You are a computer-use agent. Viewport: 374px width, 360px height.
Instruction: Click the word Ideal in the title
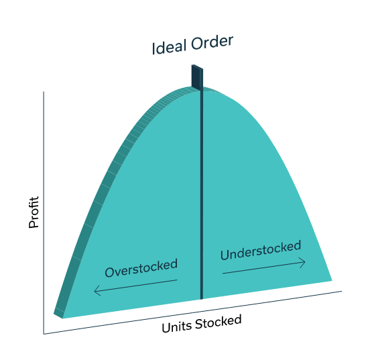point(169,47)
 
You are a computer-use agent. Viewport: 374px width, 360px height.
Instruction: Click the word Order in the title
point(212,42)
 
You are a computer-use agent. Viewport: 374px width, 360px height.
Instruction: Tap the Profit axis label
point(34,213)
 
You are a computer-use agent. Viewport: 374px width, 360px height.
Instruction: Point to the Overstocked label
point(141,267)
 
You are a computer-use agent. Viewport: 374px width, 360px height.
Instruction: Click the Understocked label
point(261,250)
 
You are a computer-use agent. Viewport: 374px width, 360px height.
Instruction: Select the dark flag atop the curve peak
point(197,78)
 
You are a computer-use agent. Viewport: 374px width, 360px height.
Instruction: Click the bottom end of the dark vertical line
point(202,299)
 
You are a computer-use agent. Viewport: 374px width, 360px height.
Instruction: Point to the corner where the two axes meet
point(44,335)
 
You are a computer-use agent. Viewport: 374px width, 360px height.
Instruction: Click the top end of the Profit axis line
point(44,92)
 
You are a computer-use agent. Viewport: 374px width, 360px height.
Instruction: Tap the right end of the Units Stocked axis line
point(342,291)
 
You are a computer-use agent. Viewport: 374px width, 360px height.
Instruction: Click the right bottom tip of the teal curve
point(332,280)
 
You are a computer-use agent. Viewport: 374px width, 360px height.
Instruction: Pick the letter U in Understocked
point(225,255)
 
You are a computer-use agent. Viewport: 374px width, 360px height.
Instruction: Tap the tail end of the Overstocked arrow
point(177,280)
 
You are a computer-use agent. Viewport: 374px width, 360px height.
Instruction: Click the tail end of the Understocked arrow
point(223,274)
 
